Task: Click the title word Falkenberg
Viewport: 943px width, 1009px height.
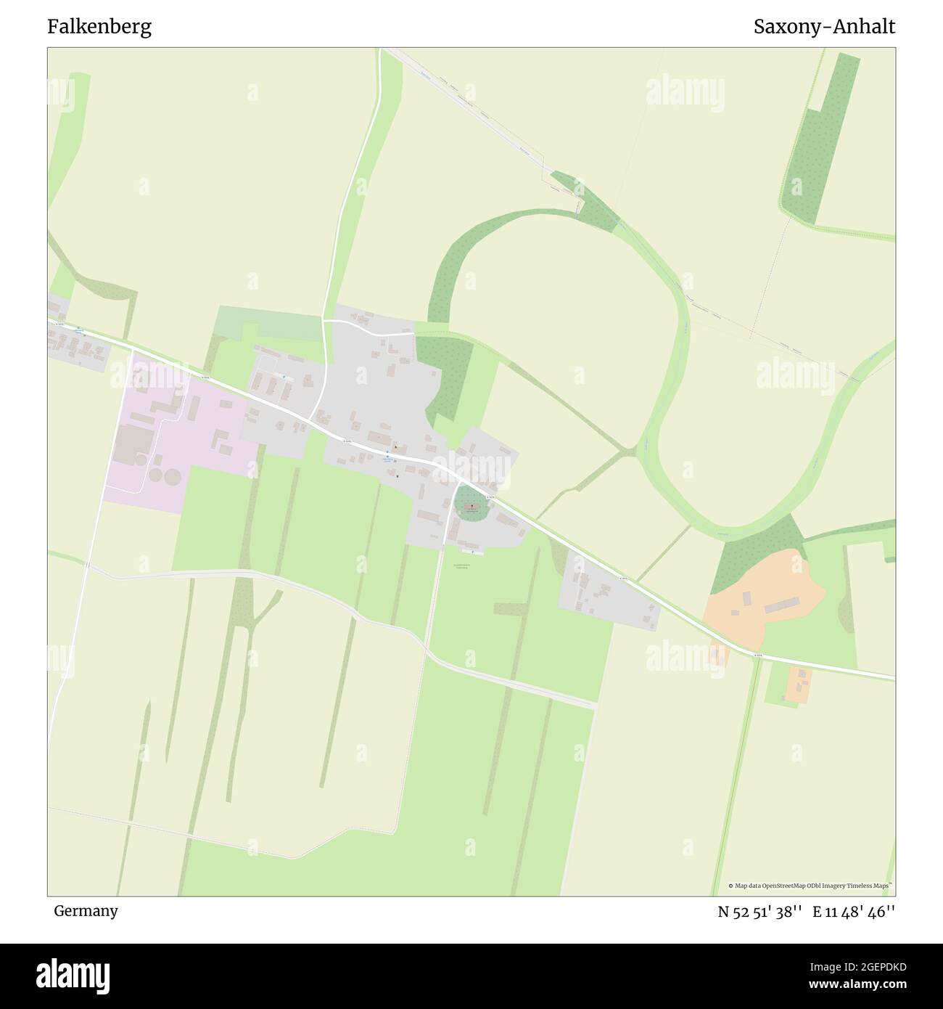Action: click(99, 27)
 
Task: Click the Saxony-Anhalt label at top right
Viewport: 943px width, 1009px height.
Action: click(824, 27)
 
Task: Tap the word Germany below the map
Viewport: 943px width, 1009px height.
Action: click(86, 910)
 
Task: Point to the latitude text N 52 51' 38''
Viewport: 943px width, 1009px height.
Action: click(759, 912)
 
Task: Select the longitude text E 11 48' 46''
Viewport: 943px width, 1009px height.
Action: click(854, 912)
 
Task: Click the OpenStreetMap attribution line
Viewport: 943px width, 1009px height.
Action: click(812, 886)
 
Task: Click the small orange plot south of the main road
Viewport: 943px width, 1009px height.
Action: click(799, 682)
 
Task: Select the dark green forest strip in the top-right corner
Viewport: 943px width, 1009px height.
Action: click(820, 138)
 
